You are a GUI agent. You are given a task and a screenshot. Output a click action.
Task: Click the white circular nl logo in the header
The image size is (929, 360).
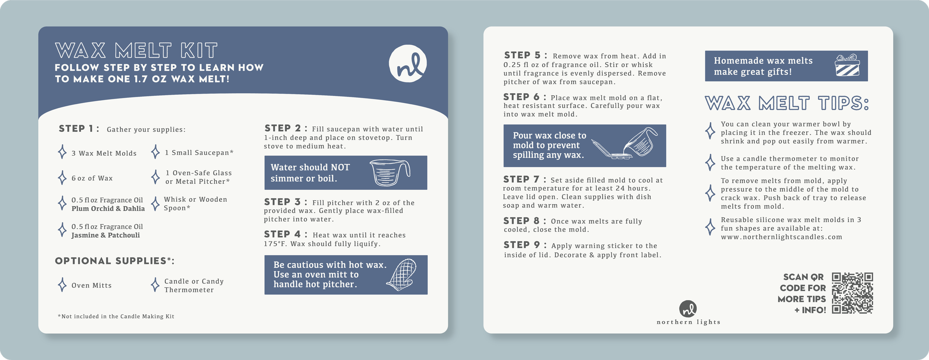[408, 64]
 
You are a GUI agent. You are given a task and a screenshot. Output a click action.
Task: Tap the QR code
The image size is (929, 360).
[852, 293]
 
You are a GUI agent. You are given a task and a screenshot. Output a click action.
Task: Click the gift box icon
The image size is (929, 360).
[847, 65]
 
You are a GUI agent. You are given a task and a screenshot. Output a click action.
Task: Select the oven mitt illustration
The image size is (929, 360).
[401, 275]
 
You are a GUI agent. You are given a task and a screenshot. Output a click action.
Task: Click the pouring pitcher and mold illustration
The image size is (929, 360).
[624, 143]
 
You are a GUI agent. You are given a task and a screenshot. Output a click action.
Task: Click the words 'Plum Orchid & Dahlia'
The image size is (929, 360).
[108, 209]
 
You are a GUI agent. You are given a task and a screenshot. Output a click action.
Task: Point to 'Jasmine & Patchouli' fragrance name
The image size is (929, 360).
[106, 235]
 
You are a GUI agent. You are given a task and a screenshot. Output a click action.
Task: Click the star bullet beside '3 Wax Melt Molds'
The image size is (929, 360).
[62, 152]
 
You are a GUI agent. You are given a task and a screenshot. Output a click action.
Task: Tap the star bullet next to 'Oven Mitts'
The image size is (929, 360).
[62, 285]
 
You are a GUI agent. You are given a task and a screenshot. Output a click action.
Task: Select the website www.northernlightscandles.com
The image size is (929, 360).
[781, 237]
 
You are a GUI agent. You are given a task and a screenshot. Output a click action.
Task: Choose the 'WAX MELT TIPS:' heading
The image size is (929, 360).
[787, 103]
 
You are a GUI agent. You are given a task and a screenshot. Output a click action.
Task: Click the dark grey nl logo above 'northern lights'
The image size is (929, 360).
[688, 309]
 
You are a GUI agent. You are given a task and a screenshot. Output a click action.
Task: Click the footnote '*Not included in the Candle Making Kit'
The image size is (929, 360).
[116, 317]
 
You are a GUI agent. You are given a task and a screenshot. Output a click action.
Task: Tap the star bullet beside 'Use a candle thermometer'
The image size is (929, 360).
[710, 162]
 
